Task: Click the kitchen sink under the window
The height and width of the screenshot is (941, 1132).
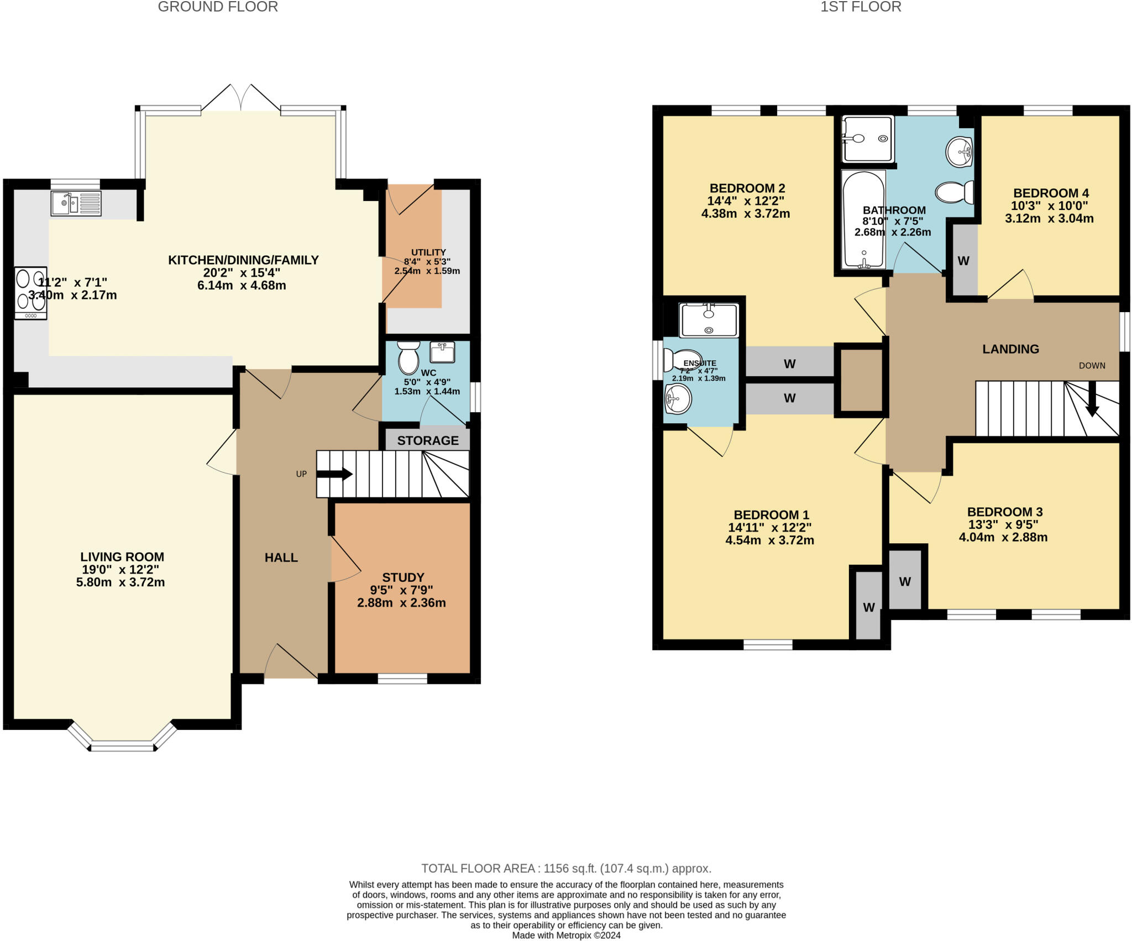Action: coord(76,203)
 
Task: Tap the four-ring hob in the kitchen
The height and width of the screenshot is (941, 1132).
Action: coord(31,293)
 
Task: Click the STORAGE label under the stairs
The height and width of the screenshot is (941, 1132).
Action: coord(428,440)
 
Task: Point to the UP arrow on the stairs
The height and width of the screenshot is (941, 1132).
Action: coord(334,474)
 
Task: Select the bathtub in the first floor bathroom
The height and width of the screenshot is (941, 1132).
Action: coord(863,219)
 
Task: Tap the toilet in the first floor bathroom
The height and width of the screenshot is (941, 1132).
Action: coord(955,192)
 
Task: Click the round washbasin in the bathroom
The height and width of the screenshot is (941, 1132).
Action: coord(960,151)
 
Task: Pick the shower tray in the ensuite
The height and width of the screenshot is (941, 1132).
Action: coord(709,320)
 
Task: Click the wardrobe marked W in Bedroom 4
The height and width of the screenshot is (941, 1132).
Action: coord(963,261)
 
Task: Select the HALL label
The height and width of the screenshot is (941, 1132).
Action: coord(281,558)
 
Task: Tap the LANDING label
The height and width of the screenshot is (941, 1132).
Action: coord(1010,349)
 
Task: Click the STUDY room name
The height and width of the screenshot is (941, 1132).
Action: coord(403,577)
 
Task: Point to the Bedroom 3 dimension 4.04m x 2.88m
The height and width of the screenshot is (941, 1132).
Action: coord(1003,537)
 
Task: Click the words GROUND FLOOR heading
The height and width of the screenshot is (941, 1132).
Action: coord(218,7)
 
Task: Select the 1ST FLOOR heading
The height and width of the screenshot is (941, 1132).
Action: coord(861,7)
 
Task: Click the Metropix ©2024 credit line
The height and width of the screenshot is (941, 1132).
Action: coord(566,935)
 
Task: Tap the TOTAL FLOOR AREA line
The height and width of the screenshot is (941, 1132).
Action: coord(566,868)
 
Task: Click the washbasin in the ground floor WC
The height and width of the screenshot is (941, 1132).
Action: coord(442,352)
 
